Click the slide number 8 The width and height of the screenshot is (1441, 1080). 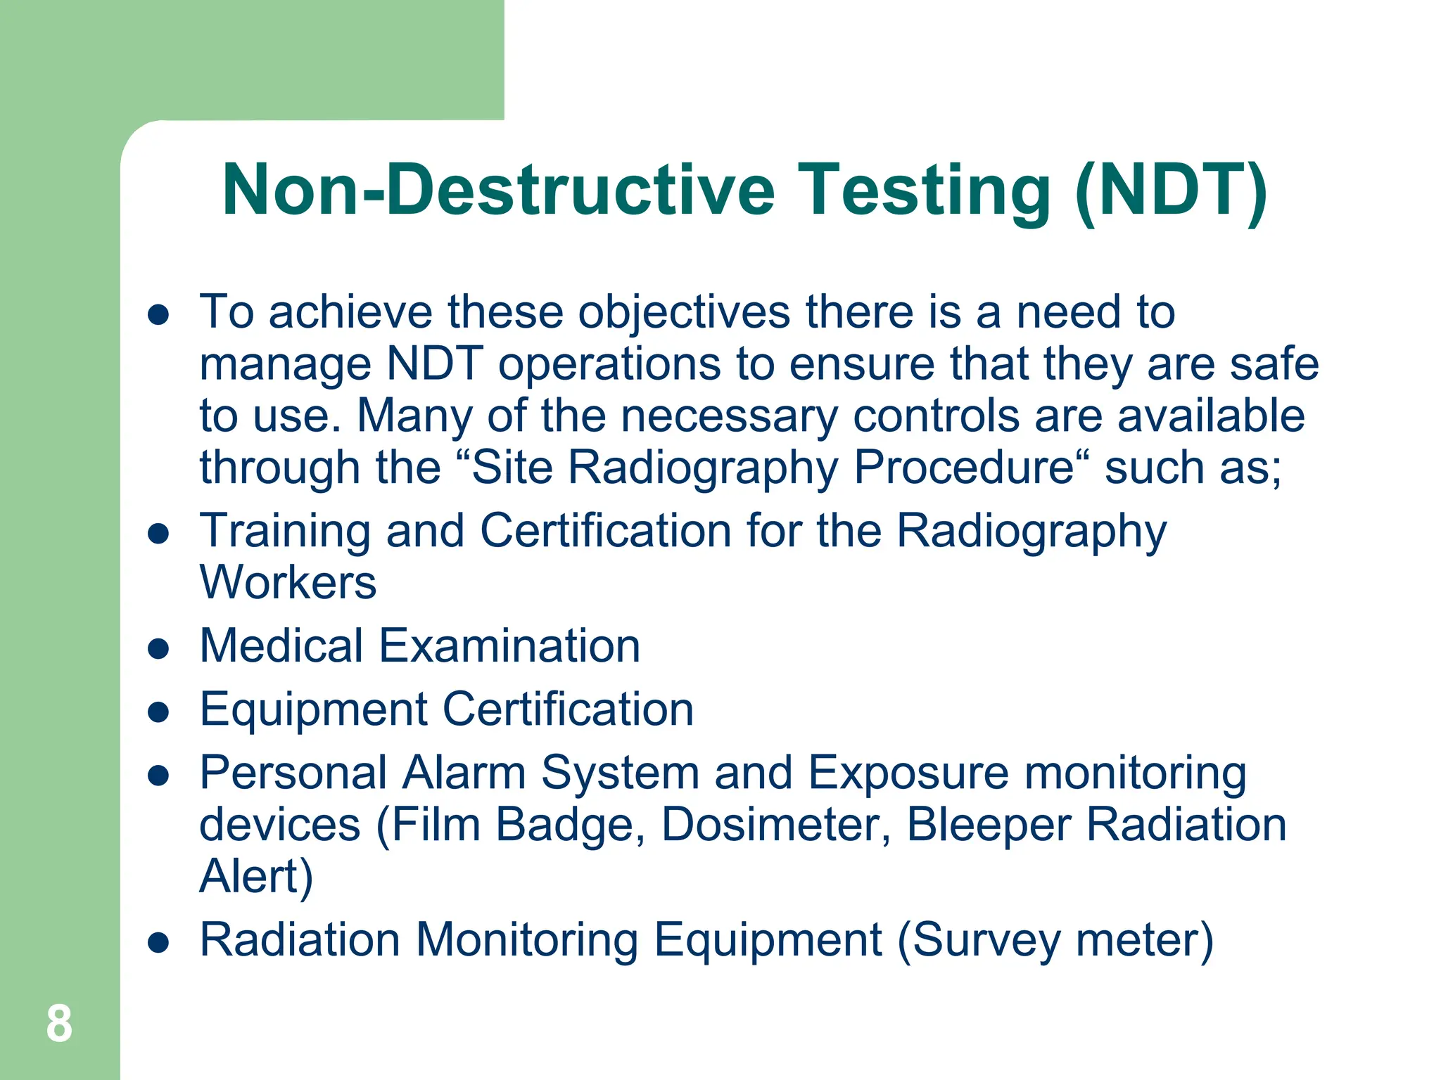click(x=59, y=1024)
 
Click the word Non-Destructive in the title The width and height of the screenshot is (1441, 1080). click(x=498, y=190)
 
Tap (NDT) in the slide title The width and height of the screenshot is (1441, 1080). click(x=1172, y=190)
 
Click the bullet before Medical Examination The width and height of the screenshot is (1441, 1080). click(x=159, y=648)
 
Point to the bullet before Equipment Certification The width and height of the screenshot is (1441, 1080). click(x=159, y=711)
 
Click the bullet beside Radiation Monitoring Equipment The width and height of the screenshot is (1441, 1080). click(x=159, y=941)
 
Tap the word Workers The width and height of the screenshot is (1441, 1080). click(x=288, y=582)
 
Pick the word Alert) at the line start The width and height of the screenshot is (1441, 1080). click(x=256, y=876)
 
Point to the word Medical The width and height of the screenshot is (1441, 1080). click(x=281, y=645)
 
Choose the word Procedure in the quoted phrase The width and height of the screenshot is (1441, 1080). click(x=964, y=468)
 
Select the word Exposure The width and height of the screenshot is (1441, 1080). click(x=908, y=773)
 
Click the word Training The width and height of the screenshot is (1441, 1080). click(x=285, y=532)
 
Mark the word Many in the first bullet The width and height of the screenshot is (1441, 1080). click(x=414, y=416)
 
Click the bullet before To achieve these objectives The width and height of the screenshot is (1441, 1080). click(x=159, y=314)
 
